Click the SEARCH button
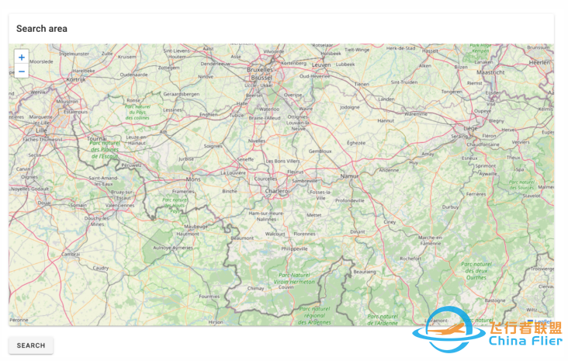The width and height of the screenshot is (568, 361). pos(31,345)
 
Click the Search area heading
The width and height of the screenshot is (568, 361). pos(42,29)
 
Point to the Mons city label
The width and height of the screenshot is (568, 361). pos(192,179)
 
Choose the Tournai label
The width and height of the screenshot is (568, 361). pos(97,138)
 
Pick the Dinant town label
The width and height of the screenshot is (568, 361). pos(357,231)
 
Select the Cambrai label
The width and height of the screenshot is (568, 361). pos(71,253)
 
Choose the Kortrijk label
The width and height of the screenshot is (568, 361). pos(74,79)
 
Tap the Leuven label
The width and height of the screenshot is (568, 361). pos(321,64)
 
